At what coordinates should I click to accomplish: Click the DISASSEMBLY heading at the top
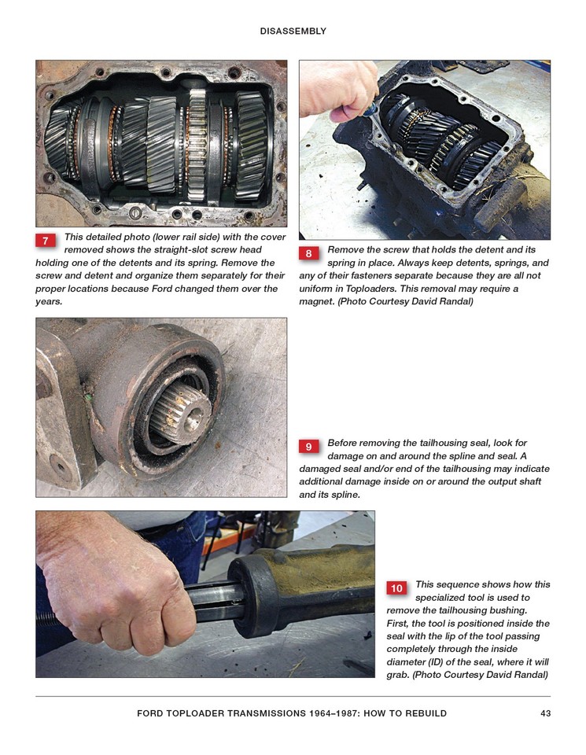293,31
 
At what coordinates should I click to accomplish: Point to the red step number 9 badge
308,447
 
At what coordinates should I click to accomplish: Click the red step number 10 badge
396,587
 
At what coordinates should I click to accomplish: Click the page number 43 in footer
544,713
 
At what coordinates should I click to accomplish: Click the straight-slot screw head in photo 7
135,214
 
